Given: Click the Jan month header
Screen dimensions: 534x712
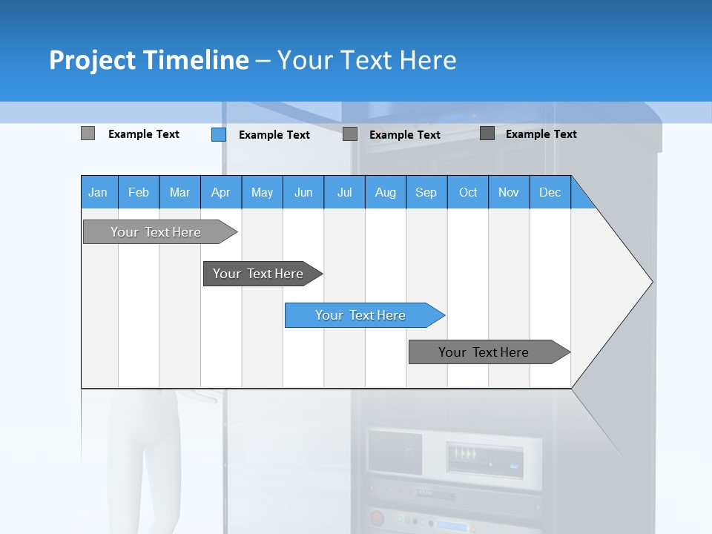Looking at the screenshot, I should point(98,192).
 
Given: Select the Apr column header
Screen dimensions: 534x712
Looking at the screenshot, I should point(220,192).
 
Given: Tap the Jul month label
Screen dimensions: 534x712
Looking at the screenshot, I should point(344,192).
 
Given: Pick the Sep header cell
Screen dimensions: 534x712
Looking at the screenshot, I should point(426,192).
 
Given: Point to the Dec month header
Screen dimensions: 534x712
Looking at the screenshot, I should point(550,192).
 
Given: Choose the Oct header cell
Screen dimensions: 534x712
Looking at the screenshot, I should point(468,192).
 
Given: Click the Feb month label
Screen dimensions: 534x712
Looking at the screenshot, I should point(139,192).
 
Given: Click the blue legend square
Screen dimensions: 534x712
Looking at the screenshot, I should point(218,134).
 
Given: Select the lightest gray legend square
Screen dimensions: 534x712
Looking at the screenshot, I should point(88,133).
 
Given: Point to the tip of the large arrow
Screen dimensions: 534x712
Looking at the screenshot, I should point(651,282).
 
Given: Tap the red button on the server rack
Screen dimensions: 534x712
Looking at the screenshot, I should point(378,517).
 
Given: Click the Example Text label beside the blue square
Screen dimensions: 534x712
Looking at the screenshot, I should point(274,135).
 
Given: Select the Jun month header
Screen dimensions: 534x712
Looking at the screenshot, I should point(303,192).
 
